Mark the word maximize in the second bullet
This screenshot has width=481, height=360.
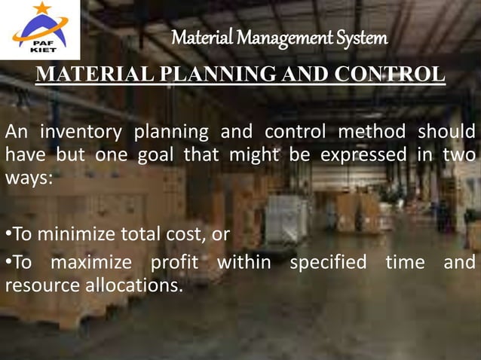point(96,263)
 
